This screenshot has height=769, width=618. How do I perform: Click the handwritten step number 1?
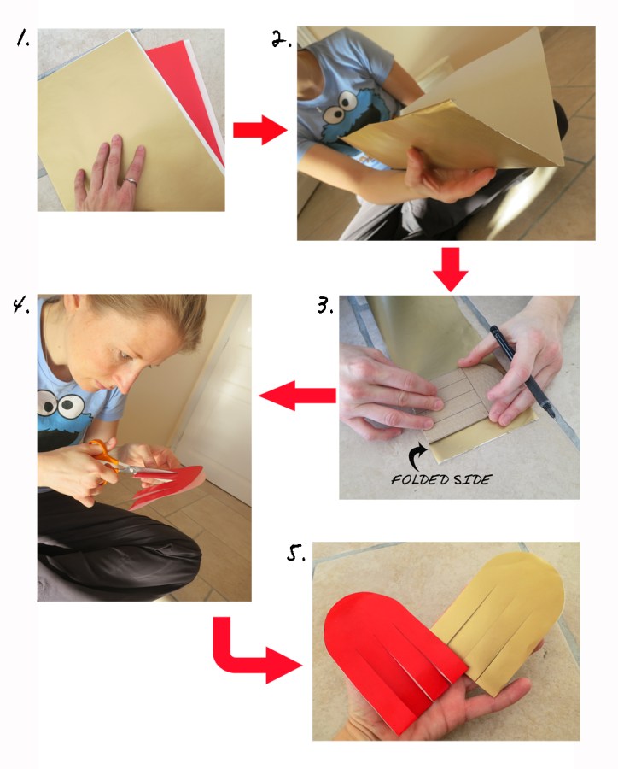pos(22,38)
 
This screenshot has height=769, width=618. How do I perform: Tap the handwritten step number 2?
pos(282,38)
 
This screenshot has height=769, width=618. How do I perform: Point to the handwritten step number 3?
pos(325,305)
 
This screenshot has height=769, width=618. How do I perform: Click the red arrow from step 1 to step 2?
pos(259,130)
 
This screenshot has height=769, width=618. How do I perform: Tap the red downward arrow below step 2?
pos(451,269)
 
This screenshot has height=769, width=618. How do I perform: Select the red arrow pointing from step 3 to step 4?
pos(298,396)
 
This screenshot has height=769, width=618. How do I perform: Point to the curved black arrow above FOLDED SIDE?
pos(417,457)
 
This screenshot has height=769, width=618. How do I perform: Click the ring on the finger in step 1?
pos(131,181)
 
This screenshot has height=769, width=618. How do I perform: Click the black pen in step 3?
pos(522,371)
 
